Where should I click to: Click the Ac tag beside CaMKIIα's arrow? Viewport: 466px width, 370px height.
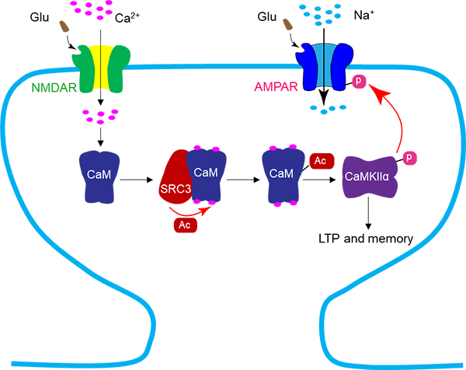click(322, 160)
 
